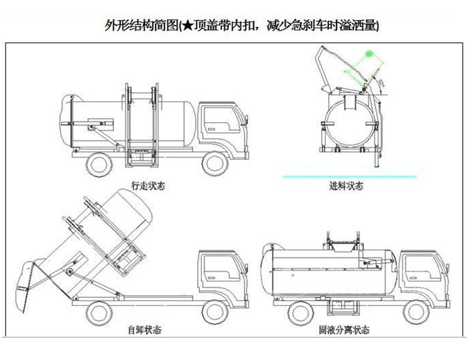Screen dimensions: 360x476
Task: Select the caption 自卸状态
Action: (144, 330)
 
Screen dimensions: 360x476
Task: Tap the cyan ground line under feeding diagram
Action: (350, 176)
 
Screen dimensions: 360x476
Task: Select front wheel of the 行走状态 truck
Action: (215, 164)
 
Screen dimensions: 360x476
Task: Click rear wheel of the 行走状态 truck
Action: (99, 164)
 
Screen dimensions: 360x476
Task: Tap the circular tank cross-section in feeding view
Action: (348, 122)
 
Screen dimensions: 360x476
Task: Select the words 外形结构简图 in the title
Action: (140, 26)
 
